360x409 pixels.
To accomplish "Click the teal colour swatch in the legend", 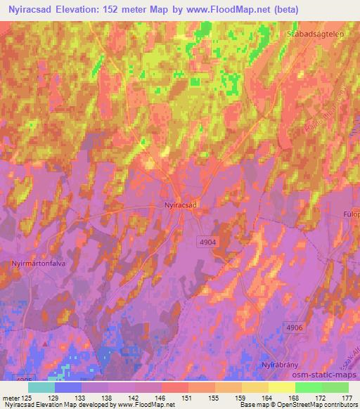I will coord(41,387).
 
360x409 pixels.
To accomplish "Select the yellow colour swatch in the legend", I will coord(281,387).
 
